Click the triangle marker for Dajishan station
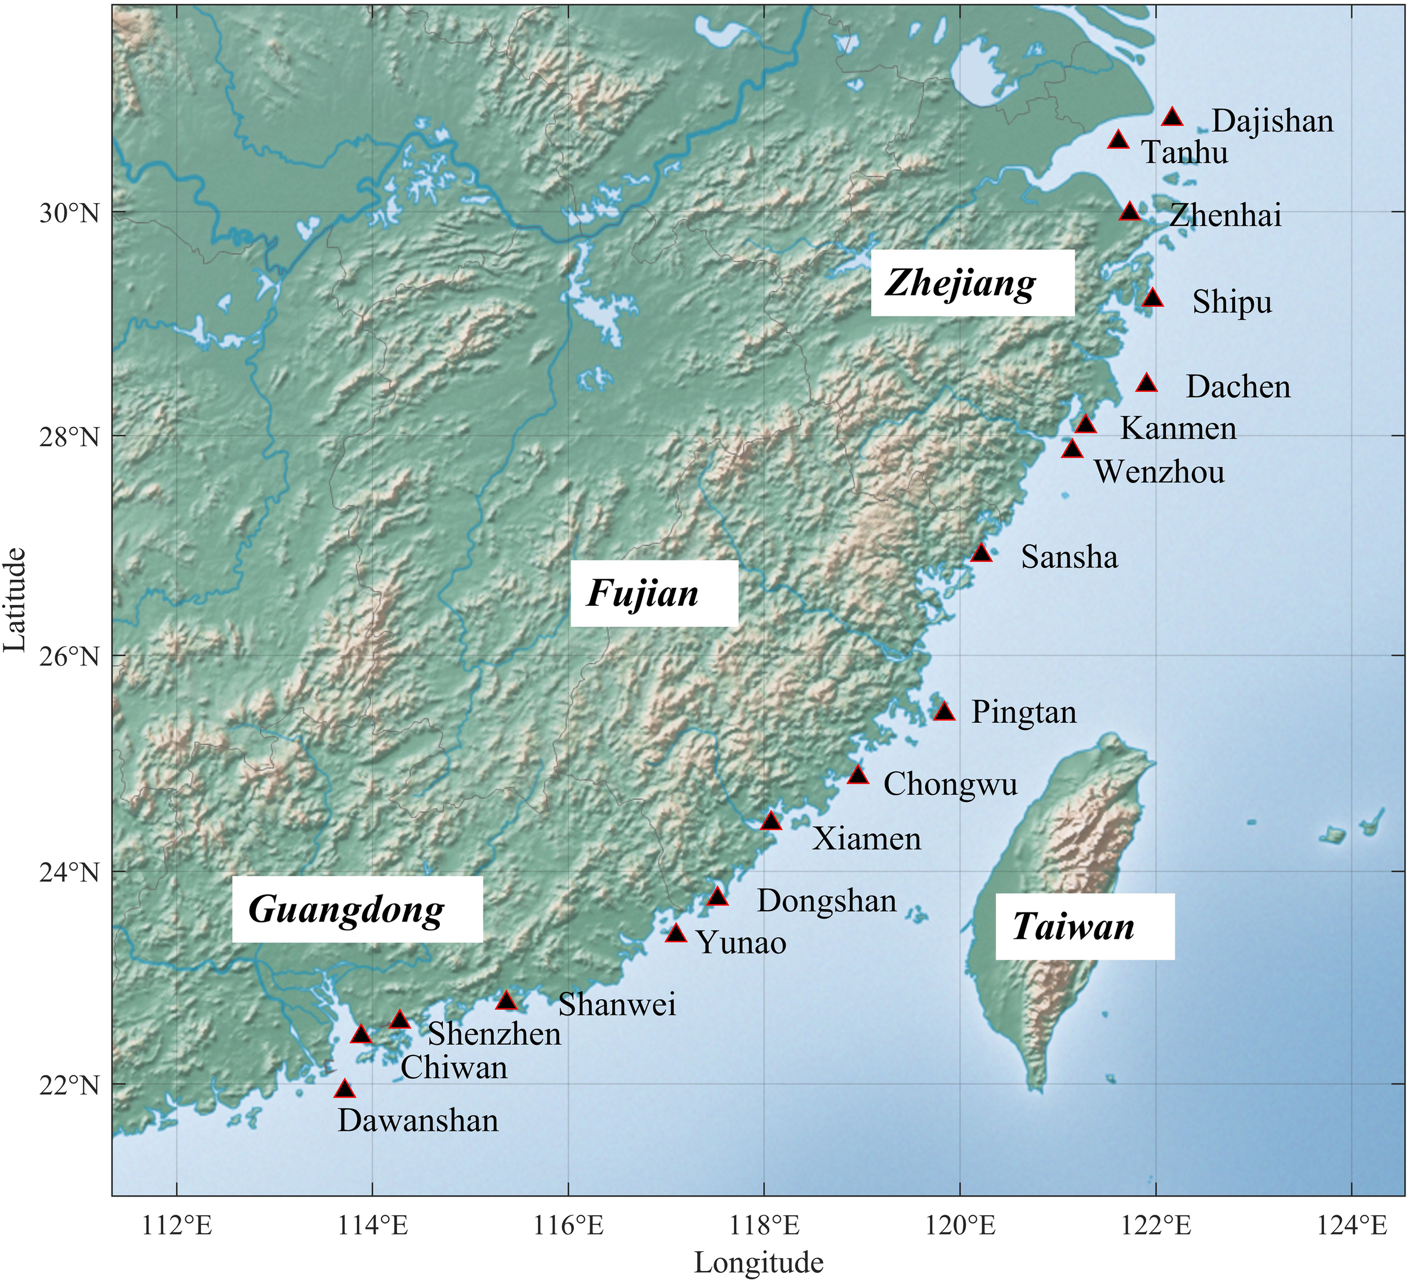pyautogui.click(x=1172, y=117)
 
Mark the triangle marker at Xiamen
pyautogui.click(x=771, y=821)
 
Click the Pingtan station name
pyautogui.click(x=1024, y=713)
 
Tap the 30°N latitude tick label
pyautogui.click(x=69, y=213)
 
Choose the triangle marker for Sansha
pyautogui.click(x=981, y=553)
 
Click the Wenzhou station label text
pyautogui.click(x=1159, y=472)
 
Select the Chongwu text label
pyautogui.click(x=950, y=785)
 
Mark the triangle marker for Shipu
pyautogui.click(x=1152, y=298)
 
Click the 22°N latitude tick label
pyautogui.click(x=69, y=1085)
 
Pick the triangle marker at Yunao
pyautogui.click(x=675, y=934)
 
